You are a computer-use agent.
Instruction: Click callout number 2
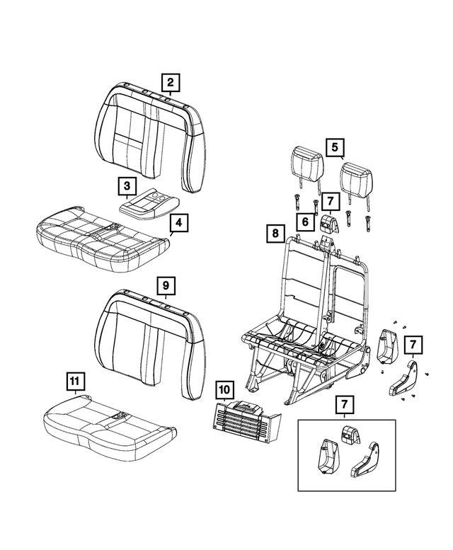(170, 81)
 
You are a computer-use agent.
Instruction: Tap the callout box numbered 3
(127, 186)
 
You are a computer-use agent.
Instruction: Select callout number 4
(179, 224)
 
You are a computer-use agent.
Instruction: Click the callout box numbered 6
(305, 222)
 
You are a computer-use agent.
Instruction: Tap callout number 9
(165, 285)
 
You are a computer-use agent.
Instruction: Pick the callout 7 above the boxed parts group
(344, 404)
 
